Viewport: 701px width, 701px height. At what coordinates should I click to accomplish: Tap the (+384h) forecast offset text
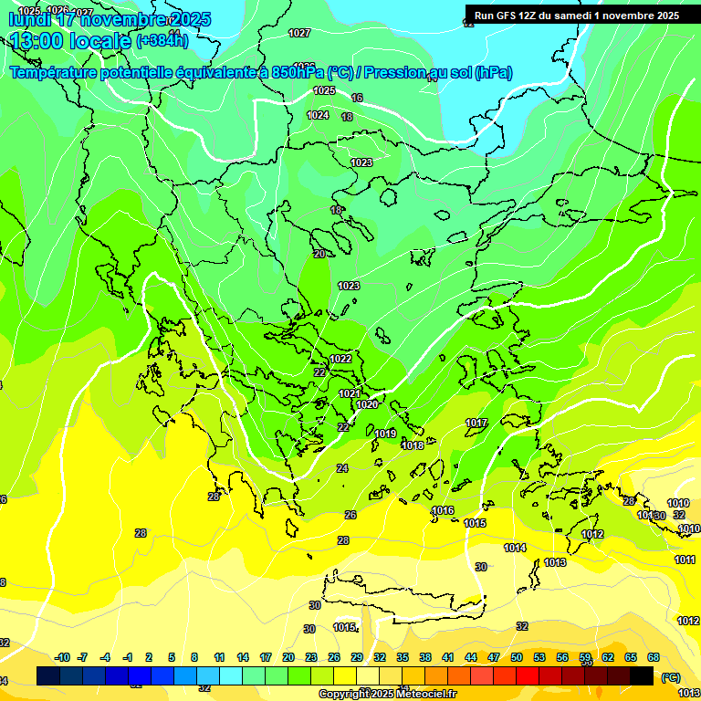pyautogui.click(x=162, y=40)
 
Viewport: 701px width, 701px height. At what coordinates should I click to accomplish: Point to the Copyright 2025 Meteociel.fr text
pyautogui.click(x=387, y=694)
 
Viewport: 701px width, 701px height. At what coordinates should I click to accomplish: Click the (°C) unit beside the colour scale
pyautogui.click(x=670, y=676)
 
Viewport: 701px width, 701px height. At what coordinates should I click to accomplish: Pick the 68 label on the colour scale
pyautogui.click(x=654, y=657)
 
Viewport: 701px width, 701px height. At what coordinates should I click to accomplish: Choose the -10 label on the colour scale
pyautogui.click(x=62, y=657)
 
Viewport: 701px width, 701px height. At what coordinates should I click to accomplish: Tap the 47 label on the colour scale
pyautogui.click(x=494, y=657)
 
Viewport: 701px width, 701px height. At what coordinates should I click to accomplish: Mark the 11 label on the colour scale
pyautogui.click(x=219, y=657)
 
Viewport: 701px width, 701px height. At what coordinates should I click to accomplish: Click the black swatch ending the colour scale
pyautogui.click(x=642, y=675)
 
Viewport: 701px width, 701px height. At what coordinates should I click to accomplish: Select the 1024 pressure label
pyautogui.click(x=318, y=115)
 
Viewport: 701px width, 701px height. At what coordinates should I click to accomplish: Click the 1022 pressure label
pyautogui.click(x=340, y=359)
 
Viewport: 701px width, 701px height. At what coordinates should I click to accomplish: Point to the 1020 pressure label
pyautogui.click(x=367, y=404)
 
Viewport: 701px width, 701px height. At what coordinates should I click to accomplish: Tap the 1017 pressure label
pyautogui.click(x=476, y=423)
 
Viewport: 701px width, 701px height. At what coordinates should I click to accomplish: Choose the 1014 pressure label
pyautogui.click(x=515, y=548)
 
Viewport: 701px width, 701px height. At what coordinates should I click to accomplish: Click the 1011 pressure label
pyautogui.click(x=685, y=560)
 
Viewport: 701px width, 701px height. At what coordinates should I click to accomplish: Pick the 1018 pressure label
pyautogui.click(x=413, y=445)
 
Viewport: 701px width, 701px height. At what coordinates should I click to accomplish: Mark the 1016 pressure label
pyautogui.click(x=443, y=510)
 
